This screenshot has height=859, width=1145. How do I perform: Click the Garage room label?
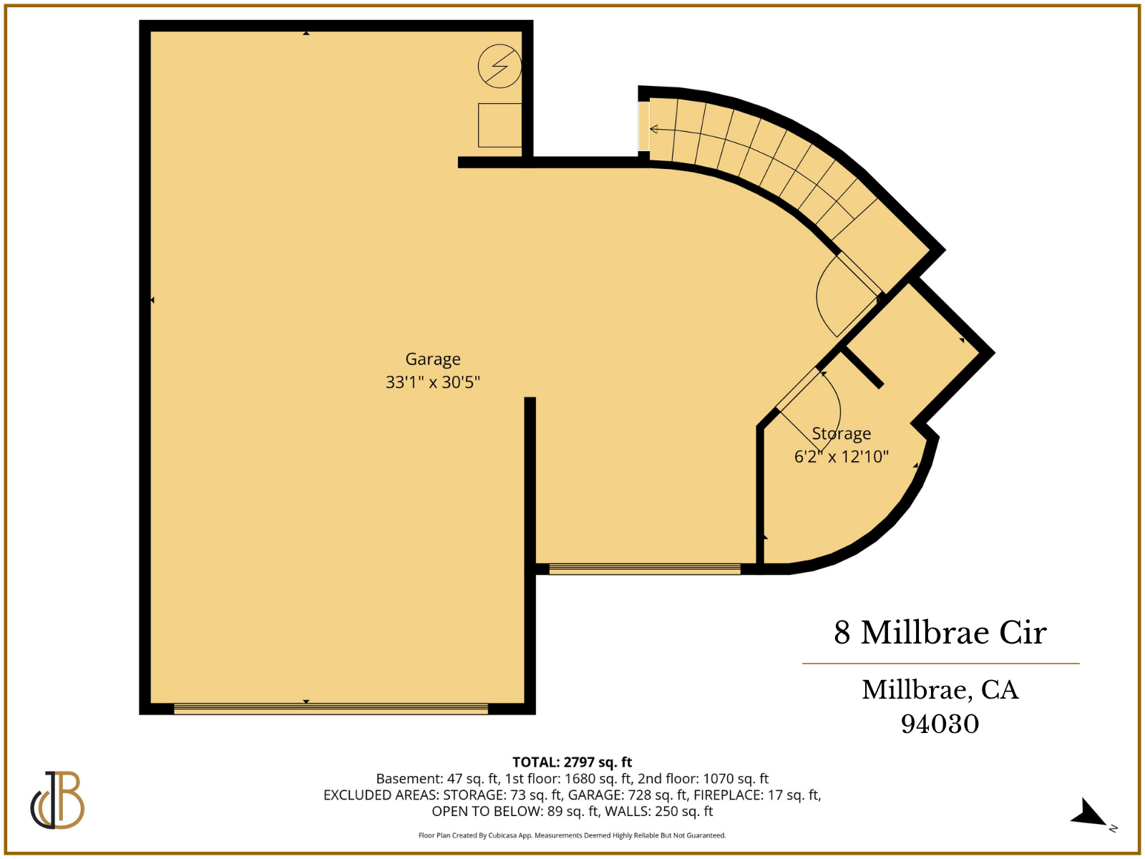(x=433, y=359)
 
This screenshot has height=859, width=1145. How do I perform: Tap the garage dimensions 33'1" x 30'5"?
(x=433, y=382)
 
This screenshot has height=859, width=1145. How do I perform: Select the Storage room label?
(x=842, y=434)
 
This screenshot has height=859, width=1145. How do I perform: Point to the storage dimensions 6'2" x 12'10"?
(x=842, y=457)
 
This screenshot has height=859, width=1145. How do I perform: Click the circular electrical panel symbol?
(x=500, y=67)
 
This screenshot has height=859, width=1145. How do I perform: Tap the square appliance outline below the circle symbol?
(x=500, y=125)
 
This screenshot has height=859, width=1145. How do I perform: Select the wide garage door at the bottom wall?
(x=331, y=709)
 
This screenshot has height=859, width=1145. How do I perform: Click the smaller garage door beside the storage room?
(x=644, y=569)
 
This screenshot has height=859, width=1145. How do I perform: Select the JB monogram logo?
(x=57, y=800)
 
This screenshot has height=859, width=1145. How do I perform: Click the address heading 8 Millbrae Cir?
(x=940, y=633)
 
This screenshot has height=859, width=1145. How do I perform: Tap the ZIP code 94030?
(x=940, y=724)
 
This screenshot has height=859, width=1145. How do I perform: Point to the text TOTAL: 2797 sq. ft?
(x=572, y=762)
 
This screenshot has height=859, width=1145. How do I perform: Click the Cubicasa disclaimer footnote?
(x=572, y=835)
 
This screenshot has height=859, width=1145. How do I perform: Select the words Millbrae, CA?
(x=940, y=690)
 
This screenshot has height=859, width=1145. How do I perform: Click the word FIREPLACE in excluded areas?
(x=729, y=795)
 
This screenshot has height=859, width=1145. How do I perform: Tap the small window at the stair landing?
(x=644, y=126)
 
